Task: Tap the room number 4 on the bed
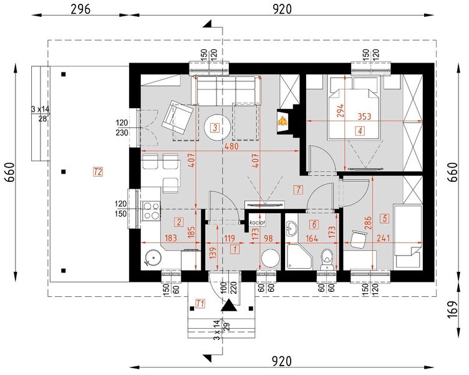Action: tap(360, 131)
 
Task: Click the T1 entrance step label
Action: tap(200, 303)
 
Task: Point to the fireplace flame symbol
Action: tap(283, 119)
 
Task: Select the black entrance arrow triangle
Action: tap(230, 306)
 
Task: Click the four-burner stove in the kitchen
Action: tap(151, 211)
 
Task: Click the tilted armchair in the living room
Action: tap(178, 116)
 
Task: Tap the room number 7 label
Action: tap(298, 189)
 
